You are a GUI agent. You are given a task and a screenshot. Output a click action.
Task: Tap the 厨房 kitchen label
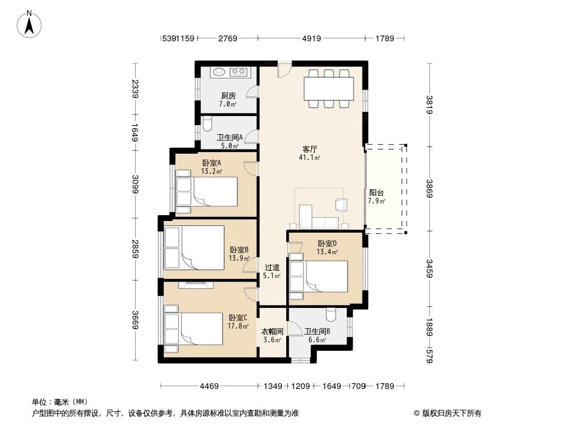point(228,96)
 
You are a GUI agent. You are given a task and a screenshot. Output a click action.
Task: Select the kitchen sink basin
point(218,72)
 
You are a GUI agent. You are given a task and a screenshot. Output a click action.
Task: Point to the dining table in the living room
point(329,89)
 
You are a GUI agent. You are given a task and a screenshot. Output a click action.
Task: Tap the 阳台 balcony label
point(376,193)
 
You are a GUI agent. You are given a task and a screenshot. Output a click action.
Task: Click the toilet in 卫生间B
point(331,314)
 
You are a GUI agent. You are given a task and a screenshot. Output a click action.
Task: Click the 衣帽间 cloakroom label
point(272,331)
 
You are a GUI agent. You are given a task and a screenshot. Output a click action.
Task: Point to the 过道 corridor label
point(272,267)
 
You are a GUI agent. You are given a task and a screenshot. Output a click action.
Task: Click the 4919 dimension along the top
point(311,38)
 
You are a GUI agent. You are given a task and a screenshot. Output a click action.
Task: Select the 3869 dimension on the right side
point(429,188)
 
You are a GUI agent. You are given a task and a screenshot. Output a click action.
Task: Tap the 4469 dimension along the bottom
point(209,386)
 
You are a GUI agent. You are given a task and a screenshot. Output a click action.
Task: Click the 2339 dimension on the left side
point(135,89)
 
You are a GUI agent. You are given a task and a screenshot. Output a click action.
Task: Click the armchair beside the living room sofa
point(340,204)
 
